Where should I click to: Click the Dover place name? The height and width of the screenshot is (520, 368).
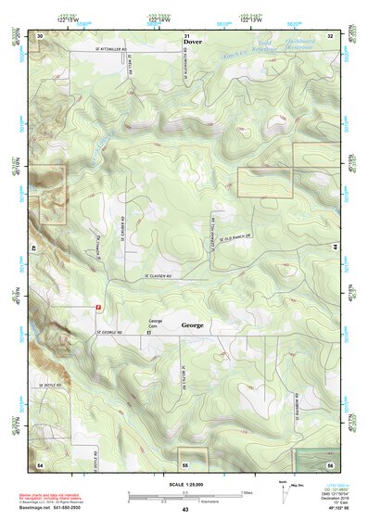click(192, 43)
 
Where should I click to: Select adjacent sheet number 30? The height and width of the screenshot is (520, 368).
click(40, 34)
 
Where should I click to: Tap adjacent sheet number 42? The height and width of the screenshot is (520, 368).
click(33, 248)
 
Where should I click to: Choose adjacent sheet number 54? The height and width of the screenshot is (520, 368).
click(40, 463)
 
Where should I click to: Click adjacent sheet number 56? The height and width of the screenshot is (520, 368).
click(331, 463)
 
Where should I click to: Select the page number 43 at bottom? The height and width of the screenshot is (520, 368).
click(185, 510)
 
